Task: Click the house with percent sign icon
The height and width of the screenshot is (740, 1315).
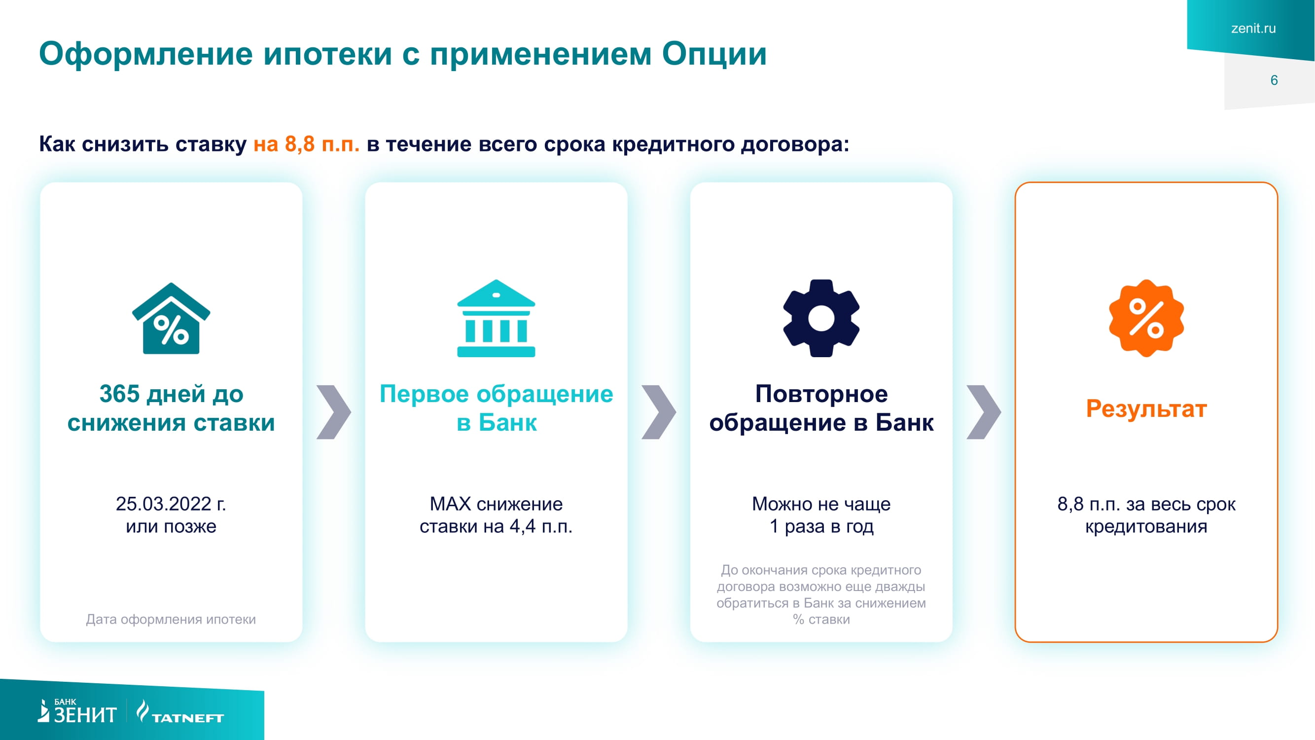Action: click(x=171, y=319)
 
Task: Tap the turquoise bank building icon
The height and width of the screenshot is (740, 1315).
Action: click(x=496, y=319)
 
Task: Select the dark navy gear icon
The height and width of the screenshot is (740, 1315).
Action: click(x=821, y=318)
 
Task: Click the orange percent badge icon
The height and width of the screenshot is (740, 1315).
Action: click(x=1146, y=318)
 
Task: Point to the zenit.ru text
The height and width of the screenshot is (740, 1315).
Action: click(x=1253, y=29)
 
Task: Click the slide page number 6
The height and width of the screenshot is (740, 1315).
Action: click(x=1274, y=80)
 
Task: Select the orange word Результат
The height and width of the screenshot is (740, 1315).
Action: click(x=1146, y=408)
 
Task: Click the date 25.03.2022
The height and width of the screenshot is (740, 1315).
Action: click(x=163, y=504)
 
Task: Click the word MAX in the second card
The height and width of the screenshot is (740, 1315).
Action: click(x=450, y=504)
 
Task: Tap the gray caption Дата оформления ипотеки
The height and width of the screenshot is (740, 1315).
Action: click(x=171, y=619)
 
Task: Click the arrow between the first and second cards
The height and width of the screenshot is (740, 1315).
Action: click(x=333, y=411)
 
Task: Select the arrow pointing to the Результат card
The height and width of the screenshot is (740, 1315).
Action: click(x=984, y=411)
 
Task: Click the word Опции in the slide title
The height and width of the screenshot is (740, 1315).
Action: click(x=714, y=54)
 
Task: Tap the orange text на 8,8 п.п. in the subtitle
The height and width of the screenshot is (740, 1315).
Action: click(x=306, y=144)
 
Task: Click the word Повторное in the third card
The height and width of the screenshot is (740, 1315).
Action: click(x=821, y=394)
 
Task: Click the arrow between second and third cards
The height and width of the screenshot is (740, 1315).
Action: click(x=659, y=411)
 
